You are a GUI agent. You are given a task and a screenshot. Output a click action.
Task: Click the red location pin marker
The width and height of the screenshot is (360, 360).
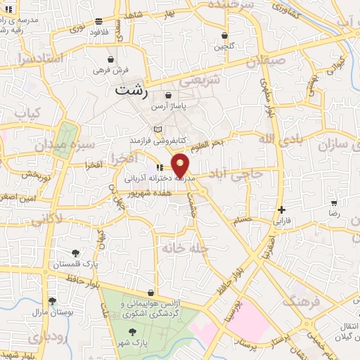pyautogui.click(x=181, y=165)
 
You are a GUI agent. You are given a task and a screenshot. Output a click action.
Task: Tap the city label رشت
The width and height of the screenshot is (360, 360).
pyautogui.click(x=128, y=90)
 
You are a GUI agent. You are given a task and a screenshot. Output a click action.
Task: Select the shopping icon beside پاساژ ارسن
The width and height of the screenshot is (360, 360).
pyautogui.click(x=168, y=96)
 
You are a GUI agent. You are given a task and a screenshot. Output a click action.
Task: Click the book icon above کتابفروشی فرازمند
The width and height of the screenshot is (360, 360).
pyautogui.click(x=158, y=129)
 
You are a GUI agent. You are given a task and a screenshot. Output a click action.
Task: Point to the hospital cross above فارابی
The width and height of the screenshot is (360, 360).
pyautogui.click(x=281, y=210)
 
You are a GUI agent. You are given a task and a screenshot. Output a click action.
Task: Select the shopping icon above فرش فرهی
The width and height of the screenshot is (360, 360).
pyautogui.click(x=111, y=60)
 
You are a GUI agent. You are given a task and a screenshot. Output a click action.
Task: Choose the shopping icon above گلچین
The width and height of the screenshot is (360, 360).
pyautogui.click(x=224, y=35)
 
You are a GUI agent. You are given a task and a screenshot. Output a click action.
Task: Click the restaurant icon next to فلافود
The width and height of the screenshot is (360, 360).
pyautogui.click(x=98, y=22)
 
